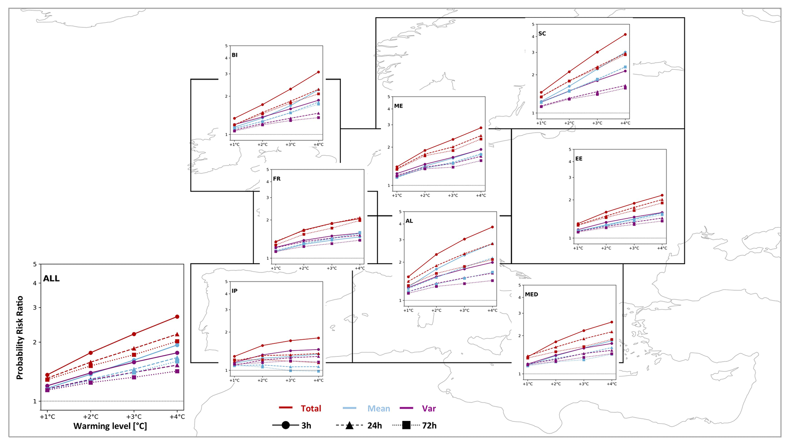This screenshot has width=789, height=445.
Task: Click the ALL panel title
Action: coord(51,279)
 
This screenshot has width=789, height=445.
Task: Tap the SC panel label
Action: coord(542,34)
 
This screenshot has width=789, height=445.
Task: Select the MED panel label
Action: coord(531,294)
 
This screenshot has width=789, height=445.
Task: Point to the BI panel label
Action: coord(234,55)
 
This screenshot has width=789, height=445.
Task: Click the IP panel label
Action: coord(234,291)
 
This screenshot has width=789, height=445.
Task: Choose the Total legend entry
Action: coord(311,408)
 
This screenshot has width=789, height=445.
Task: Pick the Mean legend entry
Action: coord(378,408)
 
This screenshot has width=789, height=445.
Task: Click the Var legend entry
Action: coord(429,408)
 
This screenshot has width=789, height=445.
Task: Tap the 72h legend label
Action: coord(429,426)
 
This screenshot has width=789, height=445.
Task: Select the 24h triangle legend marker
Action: coord(349,425)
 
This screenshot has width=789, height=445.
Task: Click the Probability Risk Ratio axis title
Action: coord(20,337)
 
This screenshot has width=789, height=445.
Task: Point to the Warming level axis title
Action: coord(110,426)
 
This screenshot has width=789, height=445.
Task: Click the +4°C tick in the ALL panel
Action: coord(177,416)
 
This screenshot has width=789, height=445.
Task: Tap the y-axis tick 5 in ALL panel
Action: coord(35,264)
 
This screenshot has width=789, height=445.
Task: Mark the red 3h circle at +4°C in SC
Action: coord(625,34)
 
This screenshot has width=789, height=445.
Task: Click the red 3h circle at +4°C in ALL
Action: coord(177,317)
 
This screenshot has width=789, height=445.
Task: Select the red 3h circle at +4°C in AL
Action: coord(492,227)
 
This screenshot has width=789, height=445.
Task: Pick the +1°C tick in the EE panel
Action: coord(578,248)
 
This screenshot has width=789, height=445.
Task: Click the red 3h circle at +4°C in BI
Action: coord(318,72)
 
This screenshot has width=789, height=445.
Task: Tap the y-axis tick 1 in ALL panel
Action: coord(35,401)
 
